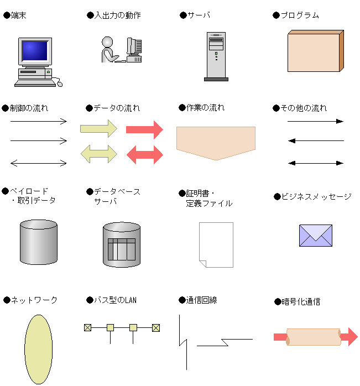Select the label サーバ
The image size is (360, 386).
pos(199,15)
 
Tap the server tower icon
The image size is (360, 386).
pos(216,56)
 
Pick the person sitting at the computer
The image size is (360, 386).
pos(108,50)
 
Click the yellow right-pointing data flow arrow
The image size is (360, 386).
pos(99,129)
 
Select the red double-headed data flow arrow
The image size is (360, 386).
pos(145,154)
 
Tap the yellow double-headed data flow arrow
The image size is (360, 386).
pos(99,154)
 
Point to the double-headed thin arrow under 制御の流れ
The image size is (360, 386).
pos(39,163)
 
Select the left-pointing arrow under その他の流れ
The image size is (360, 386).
pos(316,141)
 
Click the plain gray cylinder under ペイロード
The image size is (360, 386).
pos(38,242)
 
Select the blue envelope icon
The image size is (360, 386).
pos(315,236)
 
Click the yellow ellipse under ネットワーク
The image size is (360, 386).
pos(38,349)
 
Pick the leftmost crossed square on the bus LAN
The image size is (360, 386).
pos(87,327)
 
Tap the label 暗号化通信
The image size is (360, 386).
pos(301,302)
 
